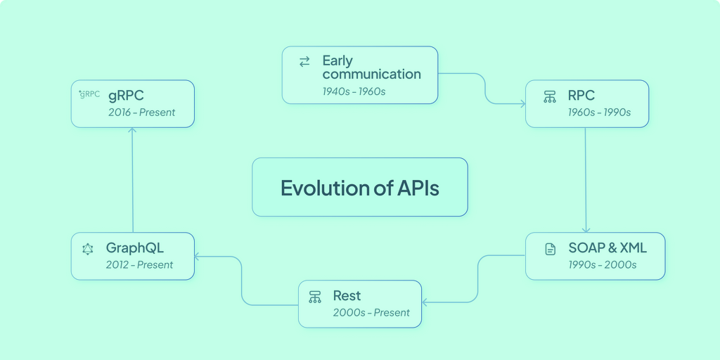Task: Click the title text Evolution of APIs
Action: point(359,188)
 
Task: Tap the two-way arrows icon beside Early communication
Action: point(304,62)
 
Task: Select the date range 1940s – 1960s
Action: point(354,91)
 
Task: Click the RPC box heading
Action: point(581,95)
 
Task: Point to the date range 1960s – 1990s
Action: point(599,112)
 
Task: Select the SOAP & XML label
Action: point(607,247)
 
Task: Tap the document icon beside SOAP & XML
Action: point(551,249)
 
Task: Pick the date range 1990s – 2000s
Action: point(603,265)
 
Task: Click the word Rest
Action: point(347,295)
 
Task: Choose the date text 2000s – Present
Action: point(371,313)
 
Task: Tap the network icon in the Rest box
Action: point(315,297)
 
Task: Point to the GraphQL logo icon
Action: point(88,249)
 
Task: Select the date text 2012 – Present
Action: point(139,265)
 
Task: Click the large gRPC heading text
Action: point(126,95)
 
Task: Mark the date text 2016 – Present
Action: point(141,112)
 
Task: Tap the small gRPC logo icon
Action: point(89,94)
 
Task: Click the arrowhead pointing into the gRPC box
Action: point(133,131)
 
